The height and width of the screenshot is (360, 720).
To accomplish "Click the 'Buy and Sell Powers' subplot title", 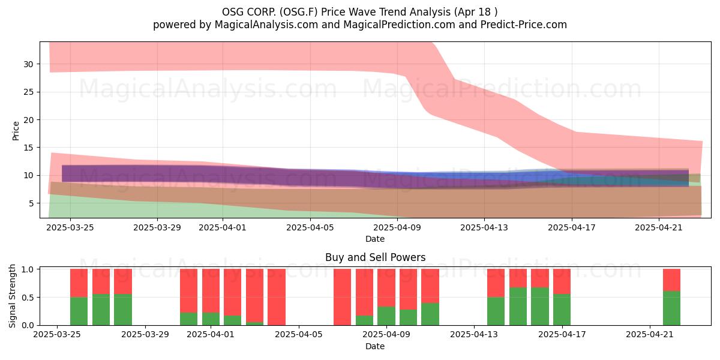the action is [x=375, y=257].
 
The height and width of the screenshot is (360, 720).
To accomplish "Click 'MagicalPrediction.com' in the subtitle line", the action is [x=399, y=25].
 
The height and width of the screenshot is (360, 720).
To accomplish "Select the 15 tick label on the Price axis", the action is [x=28, y=148].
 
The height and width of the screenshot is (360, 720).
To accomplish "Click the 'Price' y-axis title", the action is [x=16, y=131].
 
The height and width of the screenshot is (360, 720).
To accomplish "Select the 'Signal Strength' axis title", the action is [x=12, y=296].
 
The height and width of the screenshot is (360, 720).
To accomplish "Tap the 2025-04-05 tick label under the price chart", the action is [x=310, y=227].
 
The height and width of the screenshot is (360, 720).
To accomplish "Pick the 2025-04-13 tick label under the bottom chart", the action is [x=474, y=335].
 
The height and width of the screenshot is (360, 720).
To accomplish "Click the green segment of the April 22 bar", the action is [x=671, y=308].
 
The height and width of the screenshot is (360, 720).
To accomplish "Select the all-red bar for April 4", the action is [x=277, y=297].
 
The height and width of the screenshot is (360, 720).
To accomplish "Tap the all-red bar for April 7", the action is [x=343, y=297].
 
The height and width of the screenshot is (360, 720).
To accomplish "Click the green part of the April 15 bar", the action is [x=518, y=307].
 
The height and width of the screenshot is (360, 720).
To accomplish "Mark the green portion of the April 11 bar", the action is [x=430, y=314].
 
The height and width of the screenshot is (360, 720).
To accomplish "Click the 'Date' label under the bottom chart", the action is [x=375, y=346].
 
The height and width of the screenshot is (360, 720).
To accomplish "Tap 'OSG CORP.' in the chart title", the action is [x=249, y=12].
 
